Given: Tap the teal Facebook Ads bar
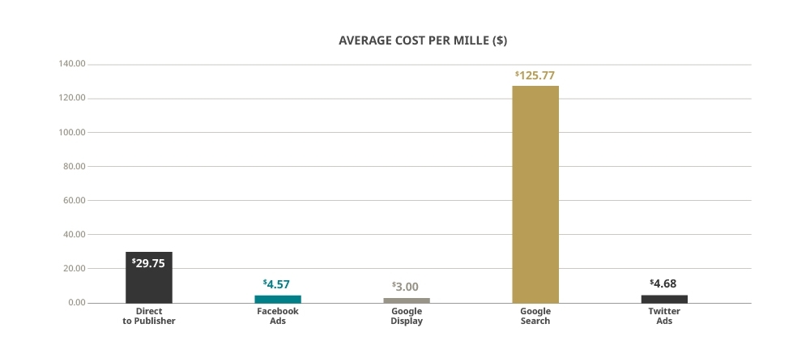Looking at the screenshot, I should click(x=278, y=299).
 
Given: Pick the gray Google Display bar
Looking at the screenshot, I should click(x=407, y=300).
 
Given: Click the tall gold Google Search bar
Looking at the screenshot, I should click(x=535, y=194).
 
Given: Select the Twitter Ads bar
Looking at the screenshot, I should click(x=664, y=299).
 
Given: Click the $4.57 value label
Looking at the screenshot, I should click(x=277, y=284).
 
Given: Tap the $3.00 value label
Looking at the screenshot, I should click(x=406, y=287).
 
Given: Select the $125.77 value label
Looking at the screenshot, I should click(x=535, y=75).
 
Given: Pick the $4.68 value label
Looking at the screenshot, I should click(x=663, y=283).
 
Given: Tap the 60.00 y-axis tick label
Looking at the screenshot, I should click(x=74, y=200).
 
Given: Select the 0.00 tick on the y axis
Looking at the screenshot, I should click(x=77, y=302).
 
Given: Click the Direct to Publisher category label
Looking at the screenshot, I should click(x=149, y=316).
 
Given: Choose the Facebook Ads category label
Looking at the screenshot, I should click(x=278, y=316).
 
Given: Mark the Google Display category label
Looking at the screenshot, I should click(x=407, y=316).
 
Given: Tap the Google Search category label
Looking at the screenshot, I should click(x=535, y=316).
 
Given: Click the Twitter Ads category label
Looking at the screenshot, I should click(x=664, y=316).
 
